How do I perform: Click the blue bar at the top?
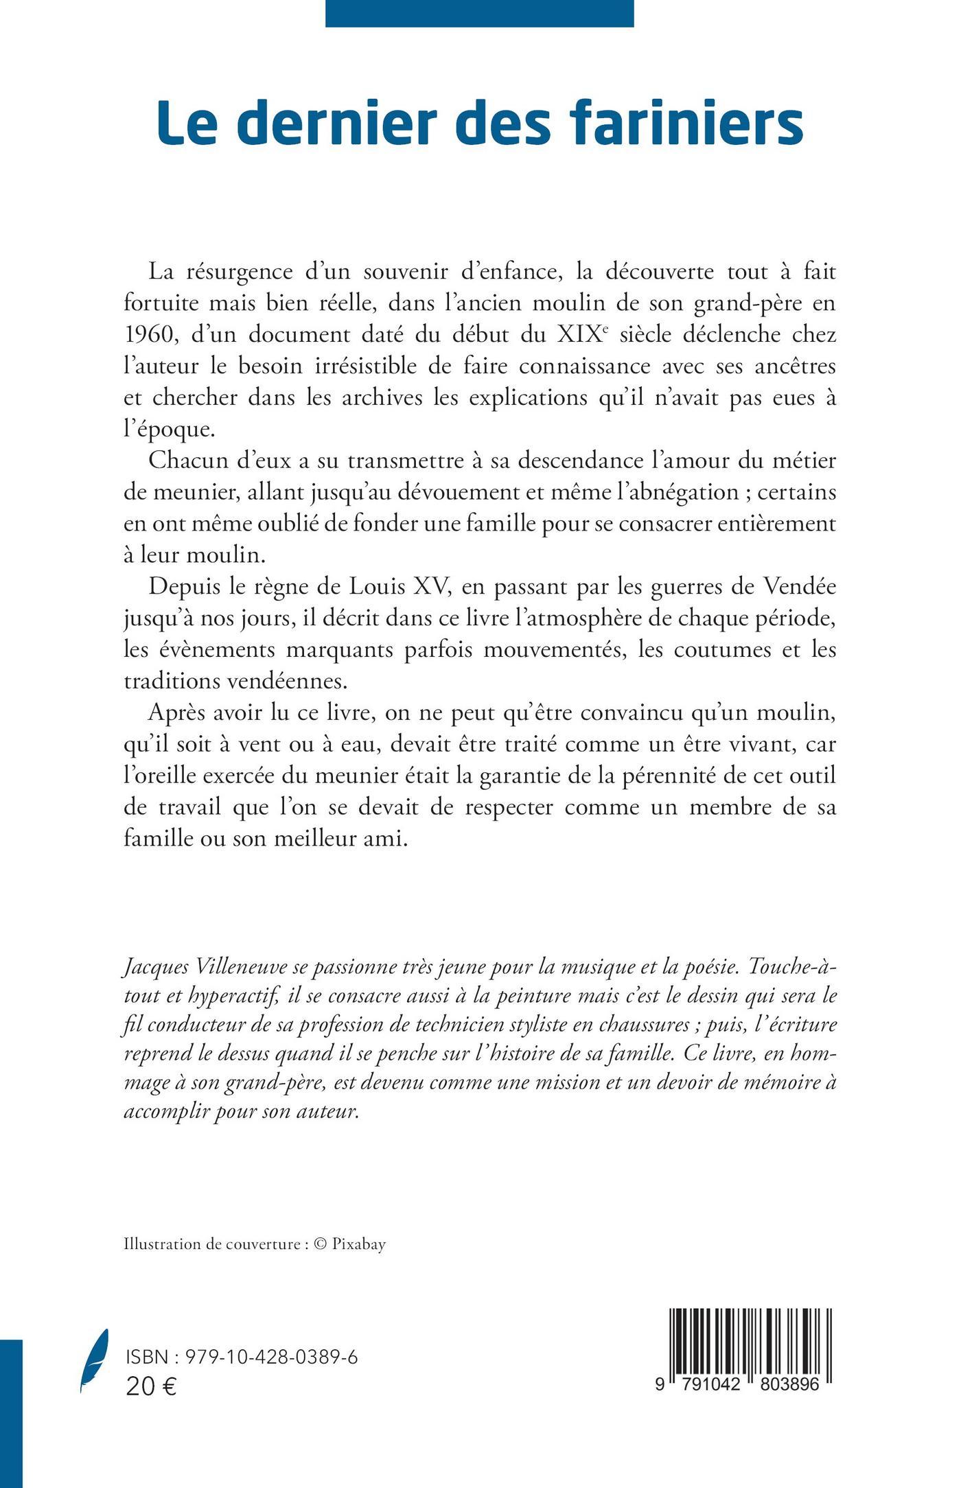(x=479, y=13)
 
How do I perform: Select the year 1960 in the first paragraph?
(x=146, y=335)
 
